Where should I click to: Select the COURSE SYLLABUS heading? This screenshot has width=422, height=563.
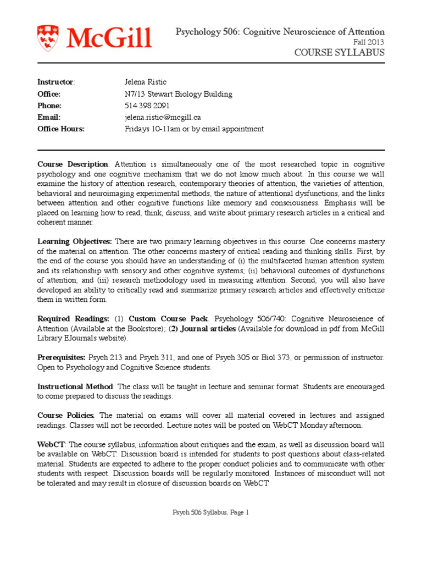click(340, 53)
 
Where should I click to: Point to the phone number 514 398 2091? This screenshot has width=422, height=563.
click(147, 106)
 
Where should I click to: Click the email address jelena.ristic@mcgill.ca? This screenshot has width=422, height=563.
click(162, 117)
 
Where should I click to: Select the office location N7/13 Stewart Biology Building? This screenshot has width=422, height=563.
click(179, 94)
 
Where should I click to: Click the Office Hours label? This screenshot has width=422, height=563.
click(60, 129)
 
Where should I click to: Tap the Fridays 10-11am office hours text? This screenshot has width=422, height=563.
click(194, 129)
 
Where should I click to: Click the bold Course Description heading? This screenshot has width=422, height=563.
click(73, 164)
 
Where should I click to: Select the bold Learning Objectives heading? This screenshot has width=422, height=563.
click(74, 242)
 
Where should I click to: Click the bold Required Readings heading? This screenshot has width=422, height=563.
click(73, 319)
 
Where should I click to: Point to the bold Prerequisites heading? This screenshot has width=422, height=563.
click(61, 357)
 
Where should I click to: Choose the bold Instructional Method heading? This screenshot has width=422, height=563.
click(75, 387)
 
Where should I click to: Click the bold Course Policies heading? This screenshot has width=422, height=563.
click(66, 415)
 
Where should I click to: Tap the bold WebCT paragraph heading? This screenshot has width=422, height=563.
click(51, 444)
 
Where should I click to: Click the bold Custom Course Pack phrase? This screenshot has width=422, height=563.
click(168, 319)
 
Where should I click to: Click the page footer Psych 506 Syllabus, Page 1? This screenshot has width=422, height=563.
click(211, 512)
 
